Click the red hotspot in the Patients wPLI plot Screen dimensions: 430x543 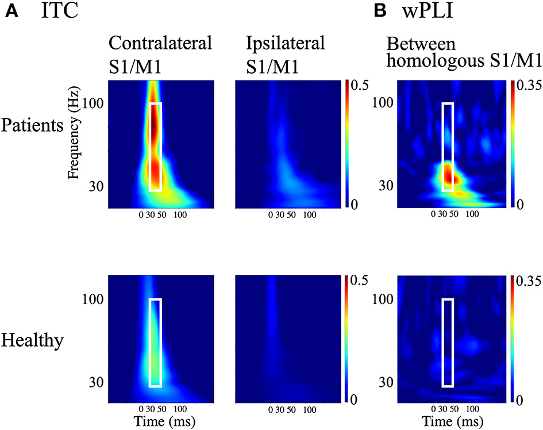(x=449, y=175)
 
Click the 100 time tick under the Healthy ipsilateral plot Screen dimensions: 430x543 (x=310, y=410)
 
